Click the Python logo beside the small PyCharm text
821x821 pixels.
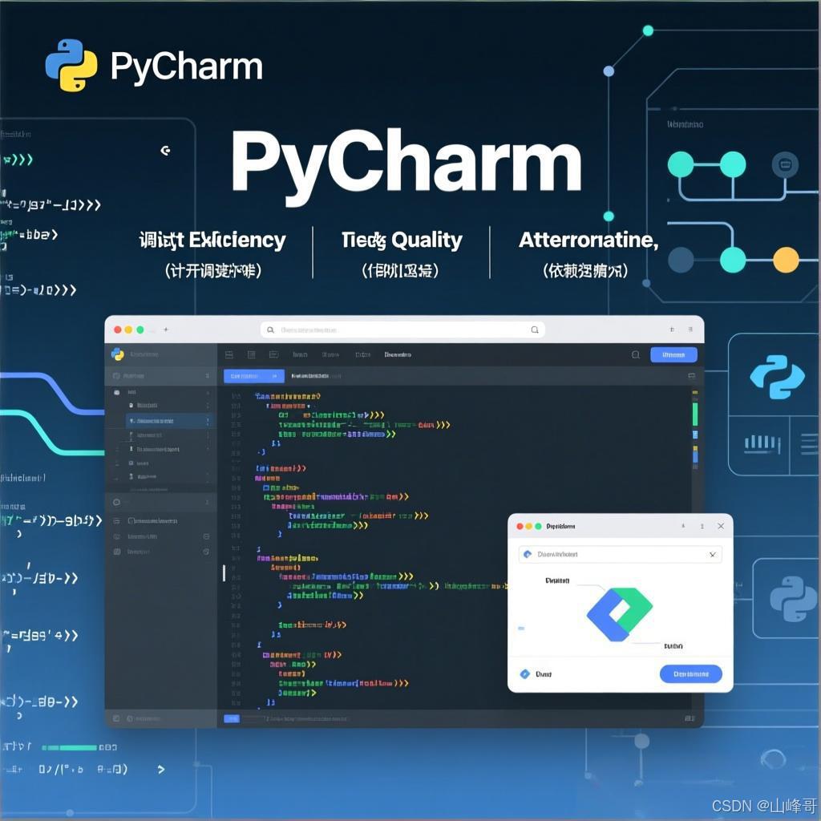[71, 65]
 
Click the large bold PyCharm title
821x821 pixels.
[406, 163]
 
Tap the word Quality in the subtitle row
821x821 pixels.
[427, 241]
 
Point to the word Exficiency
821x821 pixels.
[237, 240]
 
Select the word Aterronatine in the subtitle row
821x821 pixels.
[588, 240]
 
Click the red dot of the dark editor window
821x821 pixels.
[117, 330]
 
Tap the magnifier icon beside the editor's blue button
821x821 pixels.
[636, 354]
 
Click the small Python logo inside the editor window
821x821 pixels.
[118, 354]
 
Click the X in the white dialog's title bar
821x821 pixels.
[721, 526]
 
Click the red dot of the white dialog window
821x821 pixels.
[519, 526]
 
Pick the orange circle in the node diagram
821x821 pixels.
[785, 259]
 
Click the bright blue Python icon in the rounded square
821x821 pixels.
[777, 377]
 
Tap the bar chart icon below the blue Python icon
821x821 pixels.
[762, 443]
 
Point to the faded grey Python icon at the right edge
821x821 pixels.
[793, 599]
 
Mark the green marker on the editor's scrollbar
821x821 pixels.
[694, 414]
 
